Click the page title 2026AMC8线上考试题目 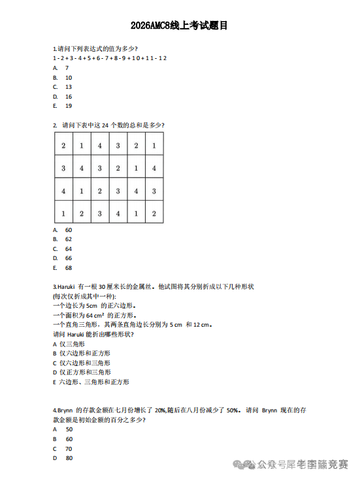tap(179, 26)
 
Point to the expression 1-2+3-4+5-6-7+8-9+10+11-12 tap(109, 58)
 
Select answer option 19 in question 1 tap(69, 106)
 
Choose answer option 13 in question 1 tap(69, 87)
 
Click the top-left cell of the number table tap(63, 145)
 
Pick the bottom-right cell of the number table tap(154, 213)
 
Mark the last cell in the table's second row tap(154, 168)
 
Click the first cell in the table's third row tap(63, 191)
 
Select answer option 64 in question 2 tap(69, 249)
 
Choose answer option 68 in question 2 tap(69, 268)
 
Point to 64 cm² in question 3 tap(95, 315)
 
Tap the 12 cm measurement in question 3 tap(202, 325)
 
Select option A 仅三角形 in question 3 tap(69, 344)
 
